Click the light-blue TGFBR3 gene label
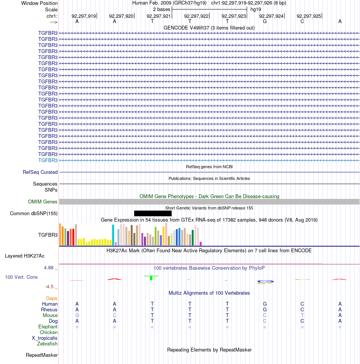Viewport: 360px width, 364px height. pos(48,161)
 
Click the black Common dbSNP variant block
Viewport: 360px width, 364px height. pos(153,213)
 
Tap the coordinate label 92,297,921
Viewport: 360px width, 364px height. pos(159,16)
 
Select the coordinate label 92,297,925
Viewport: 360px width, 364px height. pos(309,16)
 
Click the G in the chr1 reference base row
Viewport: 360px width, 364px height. pos(265,22)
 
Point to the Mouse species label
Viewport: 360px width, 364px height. pos(50,315)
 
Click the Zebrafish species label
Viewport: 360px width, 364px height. pos(47,344)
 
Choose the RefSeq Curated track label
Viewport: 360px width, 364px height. pos(40,172)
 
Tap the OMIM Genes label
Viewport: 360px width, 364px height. pos(43,202)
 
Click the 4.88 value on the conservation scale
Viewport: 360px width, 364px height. pos(49,268)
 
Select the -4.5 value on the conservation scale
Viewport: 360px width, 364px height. pos(49,287)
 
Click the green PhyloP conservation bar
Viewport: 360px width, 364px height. pos(151,278)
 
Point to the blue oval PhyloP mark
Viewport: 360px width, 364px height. pos(265,281)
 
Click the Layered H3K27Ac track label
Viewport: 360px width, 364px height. pos(25,256)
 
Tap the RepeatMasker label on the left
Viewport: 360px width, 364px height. pos(42,355)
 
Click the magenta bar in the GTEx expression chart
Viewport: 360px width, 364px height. pos(201,244)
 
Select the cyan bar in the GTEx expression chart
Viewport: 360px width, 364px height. pos(113,235)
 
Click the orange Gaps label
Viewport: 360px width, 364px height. pos(52,298)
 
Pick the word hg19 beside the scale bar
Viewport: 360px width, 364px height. pos(256,9)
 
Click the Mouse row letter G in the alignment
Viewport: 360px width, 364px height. pos(77,315)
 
